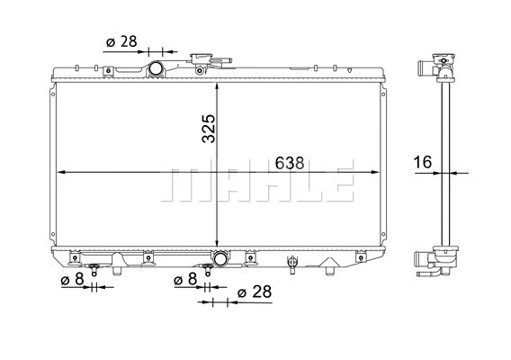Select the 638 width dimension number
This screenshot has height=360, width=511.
[x=289, y=163]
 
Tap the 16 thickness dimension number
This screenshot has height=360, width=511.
[x=424, y=163]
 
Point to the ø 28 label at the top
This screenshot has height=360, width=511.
[x=121, y=41]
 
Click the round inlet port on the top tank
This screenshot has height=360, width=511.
[x=157, y=69]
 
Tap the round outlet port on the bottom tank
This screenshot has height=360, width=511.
[x=220, y=260]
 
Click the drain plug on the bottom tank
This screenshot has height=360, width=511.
[x=291, y=262]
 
